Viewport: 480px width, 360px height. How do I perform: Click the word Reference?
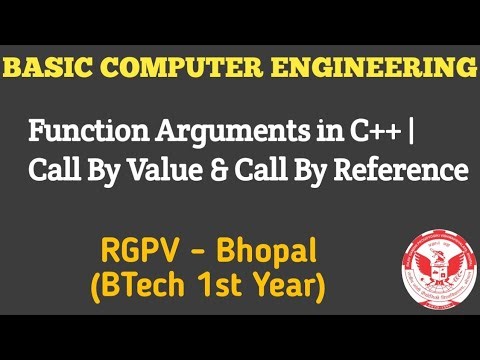(405, 171)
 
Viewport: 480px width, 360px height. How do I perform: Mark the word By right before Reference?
(329, 171)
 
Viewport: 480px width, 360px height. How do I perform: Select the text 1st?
(217, 286)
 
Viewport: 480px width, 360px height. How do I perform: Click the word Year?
(285, 286)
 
